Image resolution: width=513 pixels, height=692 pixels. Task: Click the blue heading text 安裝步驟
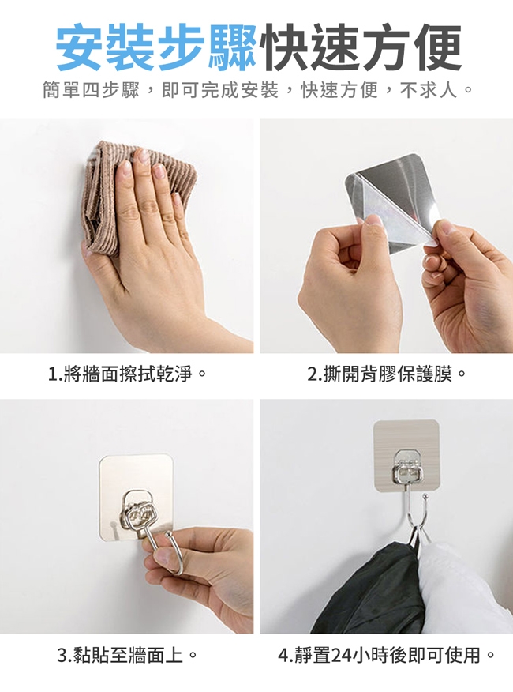coord(156,47)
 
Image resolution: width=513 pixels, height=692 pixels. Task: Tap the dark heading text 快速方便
coord(360,47)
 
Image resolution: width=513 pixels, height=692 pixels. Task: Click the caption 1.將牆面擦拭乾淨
coord(127,374)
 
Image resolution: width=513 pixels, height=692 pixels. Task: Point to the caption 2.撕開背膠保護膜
coord(387,374)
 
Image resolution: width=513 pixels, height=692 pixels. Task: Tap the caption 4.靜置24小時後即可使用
coord(387,655)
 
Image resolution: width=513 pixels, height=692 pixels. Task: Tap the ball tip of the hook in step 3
coord(168,536)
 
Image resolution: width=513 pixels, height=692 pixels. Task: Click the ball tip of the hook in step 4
coord(425,497)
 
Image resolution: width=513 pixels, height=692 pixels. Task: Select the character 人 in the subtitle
coord(447,91)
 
